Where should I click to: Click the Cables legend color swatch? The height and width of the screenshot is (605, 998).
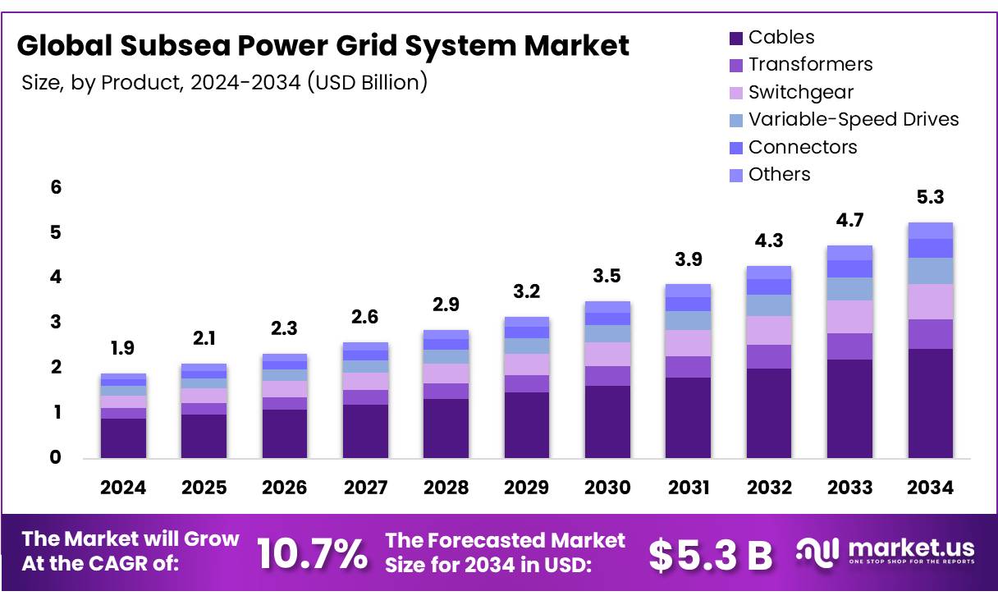(736, 38)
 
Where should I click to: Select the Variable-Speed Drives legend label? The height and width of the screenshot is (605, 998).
(854, 120)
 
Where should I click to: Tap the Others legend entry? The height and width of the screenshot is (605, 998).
(779, 175)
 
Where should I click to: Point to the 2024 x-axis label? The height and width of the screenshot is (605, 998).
(123, 488)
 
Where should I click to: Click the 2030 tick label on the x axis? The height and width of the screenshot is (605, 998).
(607, 488)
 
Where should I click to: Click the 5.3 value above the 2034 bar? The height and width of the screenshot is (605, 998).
(931, 198)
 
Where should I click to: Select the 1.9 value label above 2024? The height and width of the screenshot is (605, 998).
(123, 348)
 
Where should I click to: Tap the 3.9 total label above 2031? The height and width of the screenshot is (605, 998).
(688, 259)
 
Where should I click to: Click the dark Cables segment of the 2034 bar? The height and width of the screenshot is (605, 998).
(930, 403)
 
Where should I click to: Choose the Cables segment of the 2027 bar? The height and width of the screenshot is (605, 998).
(365, 431)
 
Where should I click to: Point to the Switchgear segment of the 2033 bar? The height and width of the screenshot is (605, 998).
(849, 317)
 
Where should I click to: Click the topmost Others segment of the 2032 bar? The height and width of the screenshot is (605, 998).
(768, 273)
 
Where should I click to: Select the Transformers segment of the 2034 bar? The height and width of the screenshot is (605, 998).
(930, 334)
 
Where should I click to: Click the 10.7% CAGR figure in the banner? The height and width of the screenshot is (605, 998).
(312, 553)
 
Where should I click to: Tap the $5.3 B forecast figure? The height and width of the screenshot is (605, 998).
(710, 555)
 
